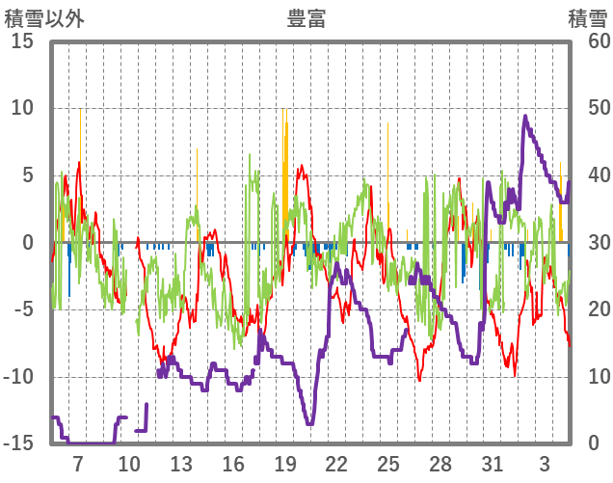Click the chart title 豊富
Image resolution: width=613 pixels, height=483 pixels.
click(306, 18)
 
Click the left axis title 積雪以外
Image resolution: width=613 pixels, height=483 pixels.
click(44, 18)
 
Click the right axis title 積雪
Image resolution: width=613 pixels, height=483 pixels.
click(587, 18)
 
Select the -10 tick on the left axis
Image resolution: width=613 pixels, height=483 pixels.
click(19, 377)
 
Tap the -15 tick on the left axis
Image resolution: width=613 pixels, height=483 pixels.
click(19, 443)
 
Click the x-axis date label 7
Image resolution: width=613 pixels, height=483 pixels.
click(77, 463)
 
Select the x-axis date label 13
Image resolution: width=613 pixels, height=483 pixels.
click(181, 463)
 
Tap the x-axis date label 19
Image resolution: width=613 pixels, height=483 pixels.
click(284, 463)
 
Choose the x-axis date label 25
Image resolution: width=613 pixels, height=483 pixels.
click(388, 463)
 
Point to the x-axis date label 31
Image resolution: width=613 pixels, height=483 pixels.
click(493, 463)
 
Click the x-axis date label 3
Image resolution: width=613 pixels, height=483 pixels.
click(545, 463)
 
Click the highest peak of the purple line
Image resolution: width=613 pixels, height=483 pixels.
click(525, 117)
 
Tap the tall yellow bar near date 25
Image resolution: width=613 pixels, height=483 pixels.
click(387, 183)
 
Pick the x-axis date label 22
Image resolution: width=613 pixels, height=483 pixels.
click(336, 463)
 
